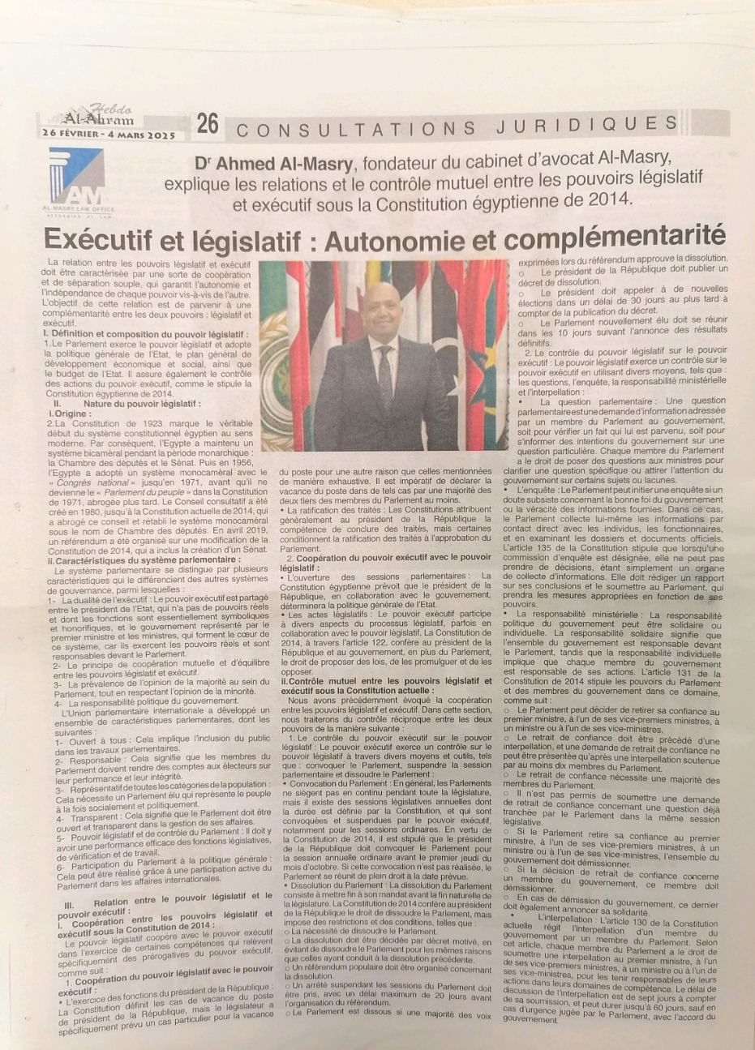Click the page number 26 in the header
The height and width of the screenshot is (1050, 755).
pos(208,123)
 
